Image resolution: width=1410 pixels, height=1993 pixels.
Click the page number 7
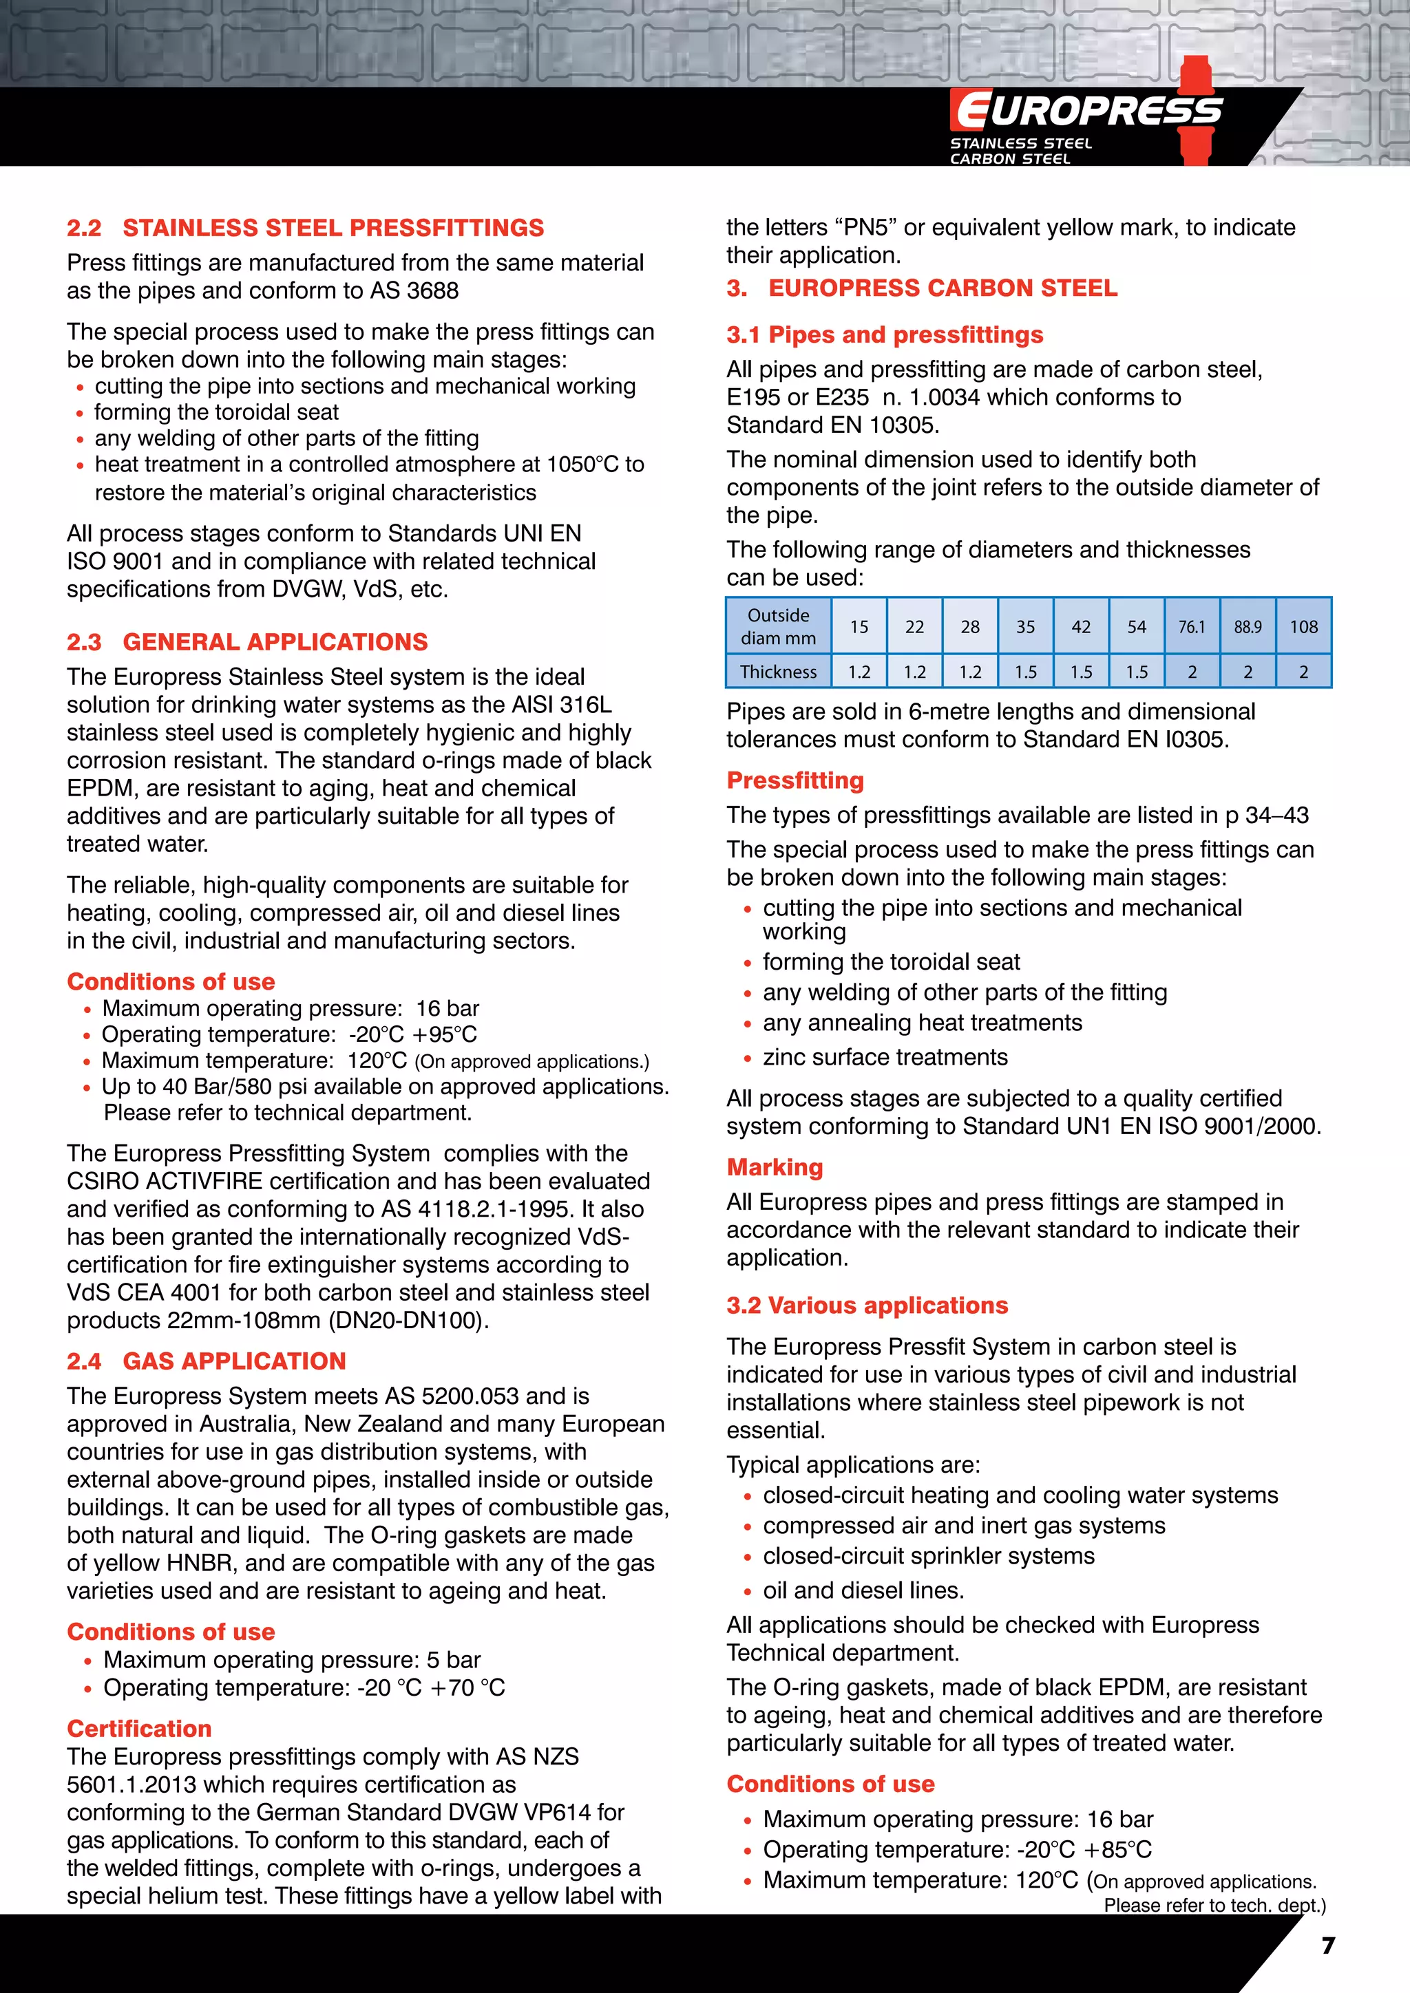click(1327, 1946)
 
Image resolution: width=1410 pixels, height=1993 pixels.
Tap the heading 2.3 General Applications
click(247, 641)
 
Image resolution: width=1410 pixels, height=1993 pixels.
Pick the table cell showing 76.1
click(1191, 627)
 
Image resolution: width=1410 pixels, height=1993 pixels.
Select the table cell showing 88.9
click(1247, 627)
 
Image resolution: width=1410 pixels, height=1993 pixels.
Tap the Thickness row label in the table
click(778, 672)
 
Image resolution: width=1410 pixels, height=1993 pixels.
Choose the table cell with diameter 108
click(1303, 627)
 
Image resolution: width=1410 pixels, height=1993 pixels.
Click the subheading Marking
click(775, 1166)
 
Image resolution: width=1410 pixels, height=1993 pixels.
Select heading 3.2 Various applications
click(867, 1305)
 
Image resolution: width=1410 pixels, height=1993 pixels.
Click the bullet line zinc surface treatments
click(885, 1056)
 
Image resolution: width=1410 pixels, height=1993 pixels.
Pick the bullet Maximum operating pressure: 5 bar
click(292, 1660)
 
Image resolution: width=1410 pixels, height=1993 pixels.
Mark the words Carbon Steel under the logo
click(1010, 159)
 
